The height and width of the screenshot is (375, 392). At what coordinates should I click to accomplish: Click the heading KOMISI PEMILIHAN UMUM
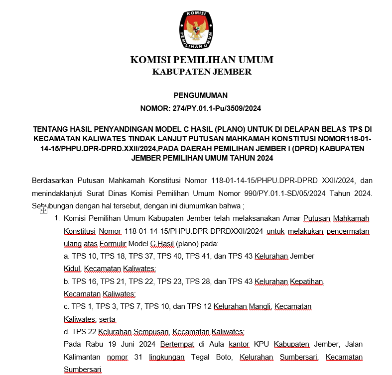[x=202, y=60]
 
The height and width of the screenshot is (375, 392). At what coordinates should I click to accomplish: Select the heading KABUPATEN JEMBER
[x=202, y=72]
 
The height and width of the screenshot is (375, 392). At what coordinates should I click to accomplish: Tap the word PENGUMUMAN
[x=201, y=95]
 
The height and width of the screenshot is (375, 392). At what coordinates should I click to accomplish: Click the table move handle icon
[x=43, y=211]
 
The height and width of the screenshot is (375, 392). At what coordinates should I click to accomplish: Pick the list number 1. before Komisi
[x=57, y=219]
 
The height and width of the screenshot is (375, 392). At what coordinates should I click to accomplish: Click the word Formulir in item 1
[x=113, y=244]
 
